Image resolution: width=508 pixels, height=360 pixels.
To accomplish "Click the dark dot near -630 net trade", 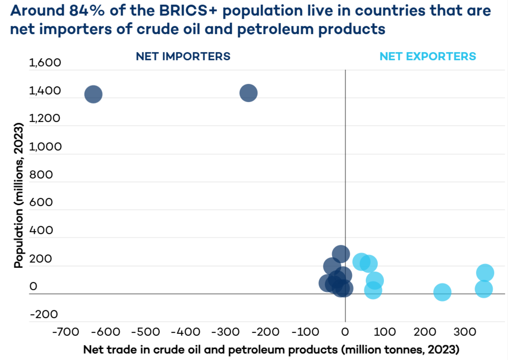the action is [93, 94].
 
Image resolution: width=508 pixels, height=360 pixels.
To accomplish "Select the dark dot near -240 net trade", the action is [249, 93].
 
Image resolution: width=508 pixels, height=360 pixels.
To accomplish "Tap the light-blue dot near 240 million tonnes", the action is [442, 292].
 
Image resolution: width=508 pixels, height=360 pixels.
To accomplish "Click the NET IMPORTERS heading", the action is [183, 57].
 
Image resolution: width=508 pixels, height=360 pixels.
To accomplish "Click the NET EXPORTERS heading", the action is [428, 57].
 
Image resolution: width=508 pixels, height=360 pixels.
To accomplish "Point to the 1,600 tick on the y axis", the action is [45, 63].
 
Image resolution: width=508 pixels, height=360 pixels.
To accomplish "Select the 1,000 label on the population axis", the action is [45, 147].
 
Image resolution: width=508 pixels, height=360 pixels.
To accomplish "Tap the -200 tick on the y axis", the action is [44, 314].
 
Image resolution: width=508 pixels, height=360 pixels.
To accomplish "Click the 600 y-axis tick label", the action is [41, 202].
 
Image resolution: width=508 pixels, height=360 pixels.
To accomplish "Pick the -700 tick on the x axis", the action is [66, 332].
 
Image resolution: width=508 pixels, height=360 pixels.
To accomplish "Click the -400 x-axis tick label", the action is [186, 332].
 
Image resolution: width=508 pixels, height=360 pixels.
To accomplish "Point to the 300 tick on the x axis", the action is [465, 332].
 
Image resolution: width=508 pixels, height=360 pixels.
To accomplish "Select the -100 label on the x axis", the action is [305, 332].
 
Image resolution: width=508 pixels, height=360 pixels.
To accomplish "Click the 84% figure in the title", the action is [87, 10].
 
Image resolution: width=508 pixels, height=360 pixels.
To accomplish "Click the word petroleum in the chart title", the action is [275, 29].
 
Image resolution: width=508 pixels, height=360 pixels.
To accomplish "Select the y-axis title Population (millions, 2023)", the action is [19, 195].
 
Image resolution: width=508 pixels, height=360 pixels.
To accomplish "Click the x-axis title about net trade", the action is [271, 350].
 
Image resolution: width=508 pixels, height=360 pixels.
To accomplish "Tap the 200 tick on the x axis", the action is [425, 332].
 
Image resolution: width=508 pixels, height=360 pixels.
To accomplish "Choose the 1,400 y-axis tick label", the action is [45, 91].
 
